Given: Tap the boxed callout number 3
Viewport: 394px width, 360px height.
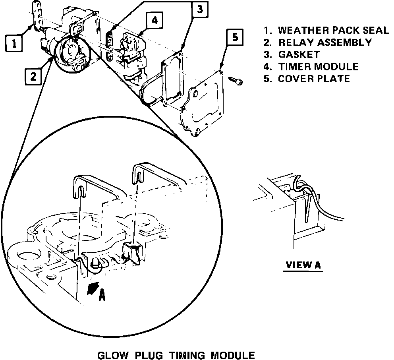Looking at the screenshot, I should point(201,10).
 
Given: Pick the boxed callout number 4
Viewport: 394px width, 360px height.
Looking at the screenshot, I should point(154,20).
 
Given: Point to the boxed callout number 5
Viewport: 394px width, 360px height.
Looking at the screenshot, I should point(235,37).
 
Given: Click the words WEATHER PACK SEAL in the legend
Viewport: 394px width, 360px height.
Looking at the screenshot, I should point(333,31).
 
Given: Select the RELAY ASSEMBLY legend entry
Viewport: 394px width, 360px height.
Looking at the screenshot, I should point(325,42).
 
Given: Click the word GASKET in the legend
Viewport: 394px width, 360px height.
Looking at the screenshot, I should point(299,54).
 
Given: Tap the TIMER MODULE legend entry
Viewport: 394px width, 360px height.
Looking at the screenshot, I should point(318,66).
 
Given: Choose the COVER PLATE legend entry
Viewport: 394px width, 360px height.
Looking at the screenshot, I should point(314,78).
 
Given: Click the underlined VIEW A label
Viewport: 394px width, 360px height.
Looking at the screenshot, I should point(303,265).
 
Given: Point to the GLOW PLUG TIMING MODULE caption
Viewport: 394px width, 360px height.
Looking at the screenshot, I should point(176,354).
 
